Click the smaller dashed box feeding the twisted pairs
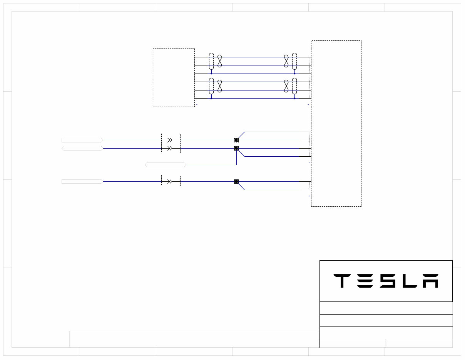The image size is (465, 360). [x=174, y=77]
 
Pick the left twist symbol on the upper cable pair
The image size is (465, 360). [x=220, y=61]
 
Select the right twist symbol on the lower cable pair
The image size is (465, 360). [x=286, y=86]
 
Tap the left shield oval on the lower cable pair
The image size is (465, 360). [x=211, y=86]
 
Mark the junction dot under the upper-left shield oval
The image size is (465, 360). [x=211, y=74]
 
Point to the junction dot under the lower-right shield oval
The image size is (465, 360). [x=294, y=98]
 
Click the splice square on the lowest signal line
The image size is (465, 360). [x=236, y=181]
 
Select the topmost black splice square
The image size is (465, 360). [x=236, y=140]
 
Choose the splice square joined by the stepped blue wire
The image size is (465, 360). [x=236, y=148]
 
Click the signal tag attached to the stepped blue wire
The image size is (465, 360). [x=166, y=165]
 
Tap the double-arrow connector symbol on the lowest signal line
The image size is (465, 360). [x=169, y=181]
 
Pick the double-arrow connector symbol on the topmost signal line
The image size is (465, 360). [x=169, y=140]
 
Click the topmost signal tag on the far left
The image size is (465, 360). [x=82, y=140]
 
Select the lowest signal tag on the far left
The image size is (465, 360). [x=82, y=181]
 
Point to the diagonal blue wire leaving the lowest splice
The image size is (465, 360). [x=241, y=186]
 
